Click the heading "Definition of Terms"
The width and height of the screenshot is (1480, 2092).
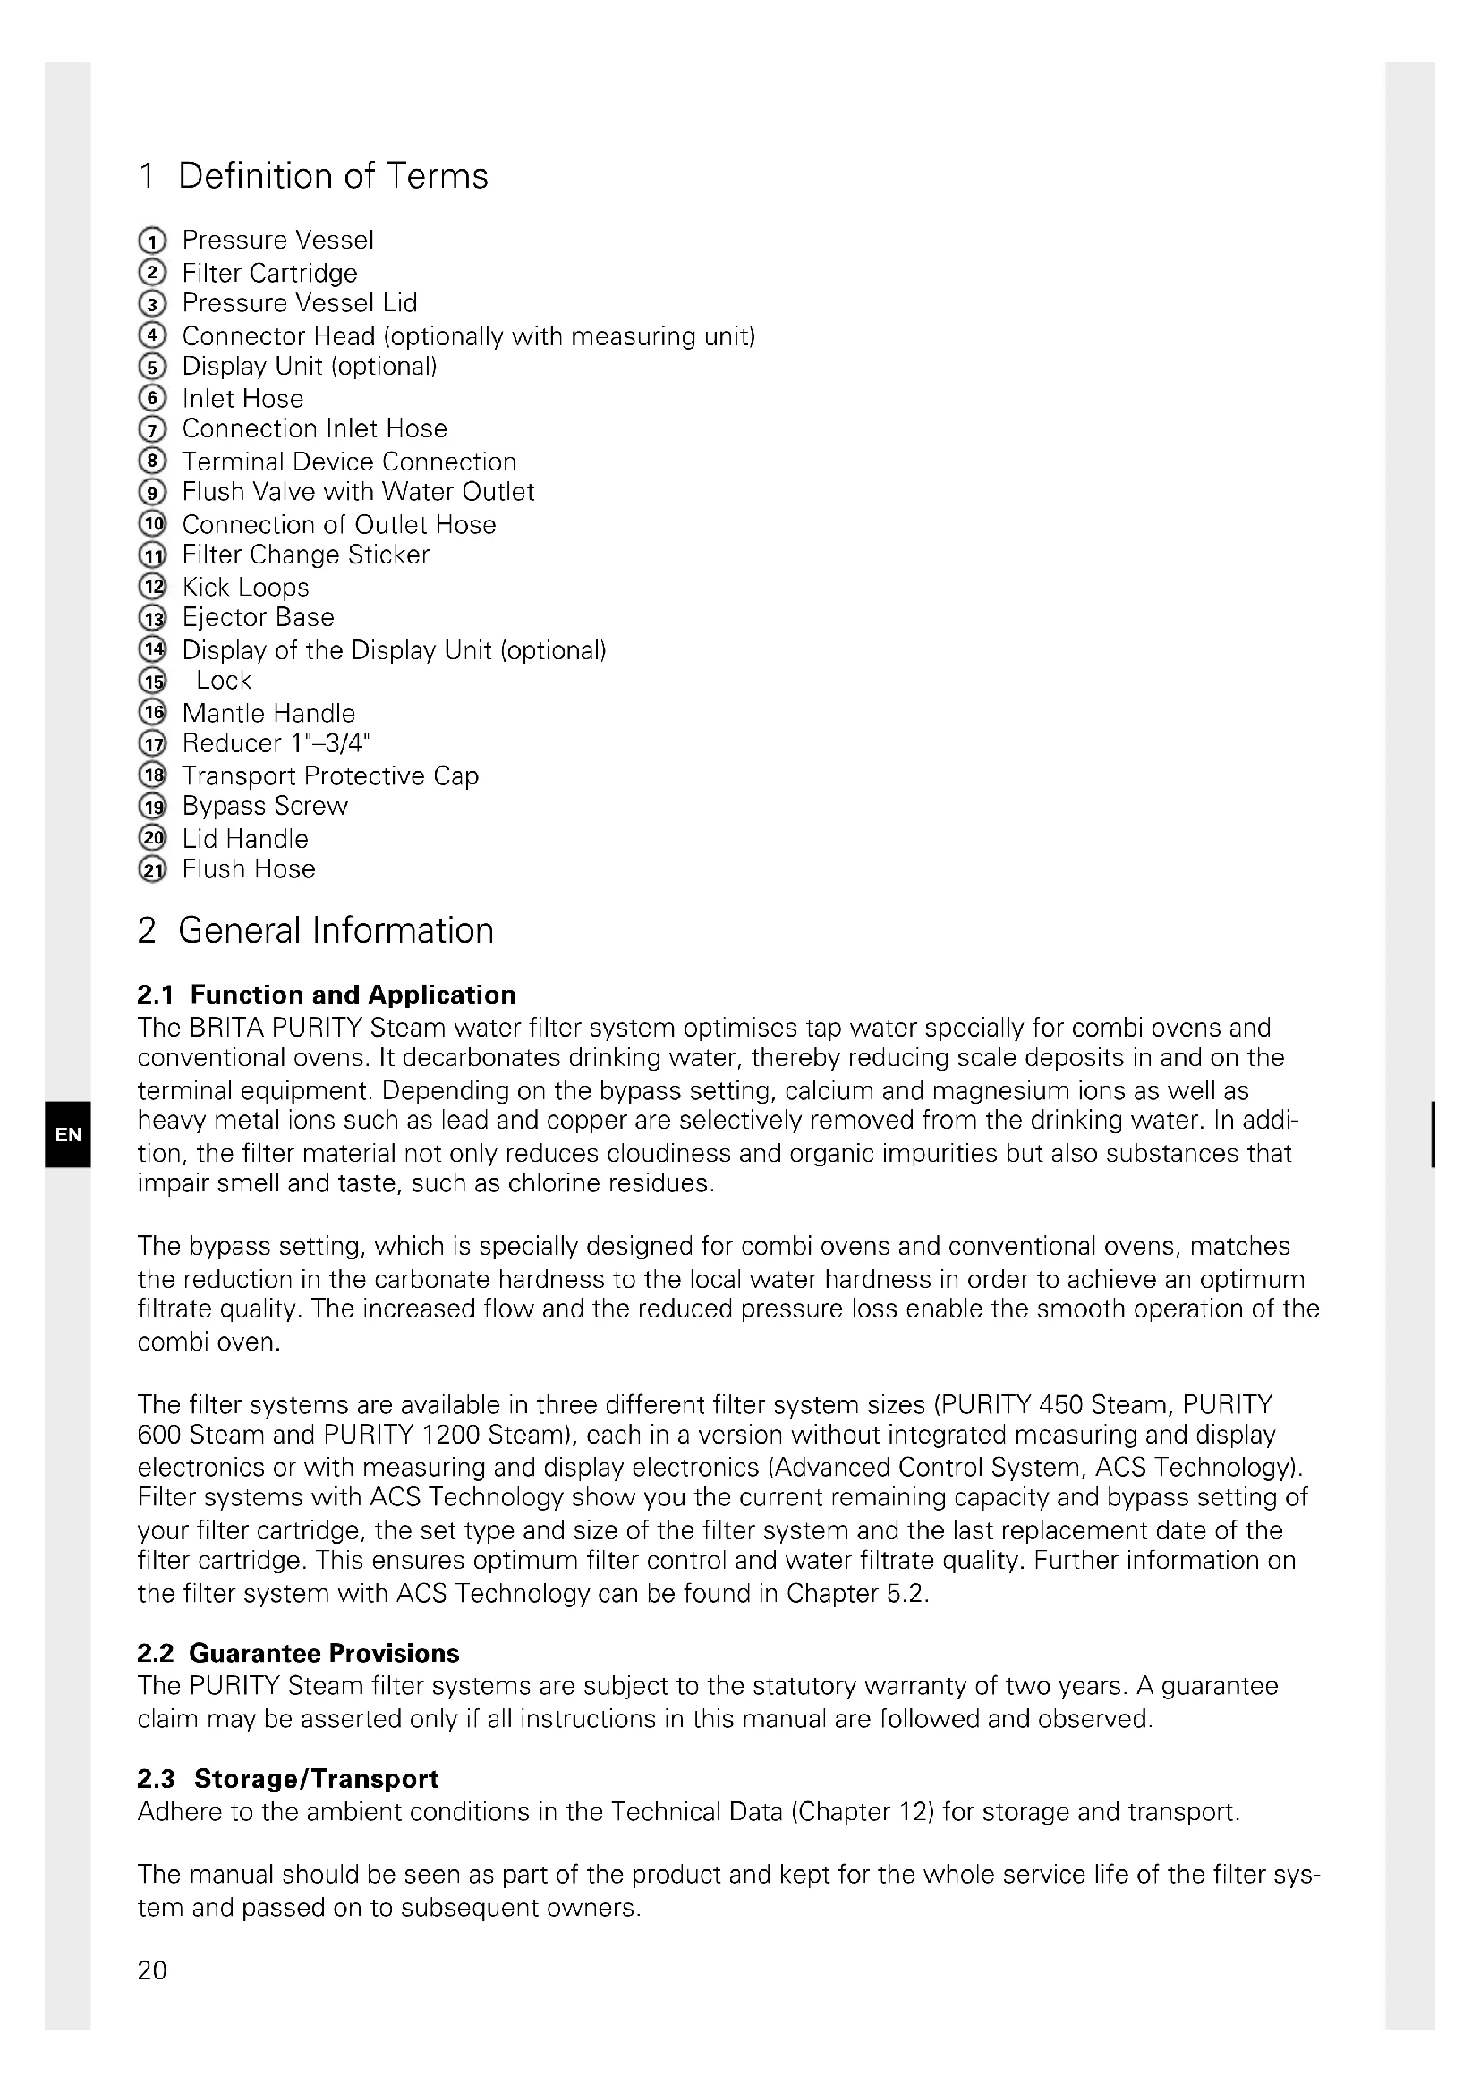[332, 176]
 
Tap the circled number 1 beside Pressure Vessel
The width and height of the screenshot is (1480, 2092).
[152, 241]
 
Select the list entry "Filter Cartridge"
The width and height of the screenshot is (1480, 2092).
[268, 273]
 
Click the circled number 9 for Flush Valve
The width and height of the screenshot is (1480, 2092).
[152, 493]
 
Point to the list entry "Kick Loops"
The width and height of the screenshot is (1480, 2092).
[245, 587]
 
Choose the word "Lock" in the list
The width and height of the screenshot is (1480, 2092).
[224, 681]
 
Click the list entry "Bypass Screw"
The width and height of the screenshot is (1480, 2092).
[264, 807]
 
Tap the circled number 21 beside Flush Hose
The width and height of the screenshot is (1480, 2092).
[152, 870]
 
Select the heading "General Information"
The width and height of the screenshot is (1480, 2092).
[335, 930]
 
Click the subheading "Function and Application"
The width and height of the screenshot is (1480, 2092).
[352, 994]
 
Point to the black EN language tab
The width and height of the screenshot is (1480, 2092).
[67, 1134]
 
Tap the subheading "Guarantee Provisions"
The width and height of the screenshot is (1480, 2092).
[324, 1653]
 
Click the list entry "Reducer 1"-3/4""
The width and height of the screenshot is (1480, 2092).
[276, 743]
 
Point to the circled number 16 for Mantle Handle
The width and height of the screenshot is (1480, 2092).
[152, 713]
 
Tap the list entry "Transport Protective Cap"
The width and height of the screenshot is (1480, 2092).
[330, 775]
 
